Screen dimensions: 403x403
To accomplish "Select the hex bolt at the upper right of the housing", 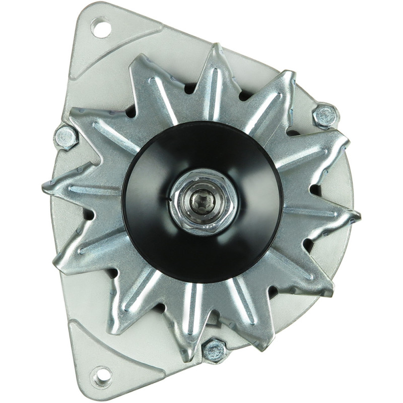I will pos(325,115).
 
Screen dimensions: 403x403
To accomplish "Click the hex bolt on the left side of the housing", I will pos(65,137).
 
